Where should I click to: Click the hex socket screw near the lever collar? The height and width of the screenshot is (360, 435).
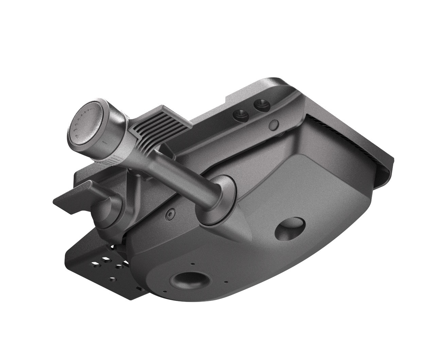pyautogui.click(x=170, y=215)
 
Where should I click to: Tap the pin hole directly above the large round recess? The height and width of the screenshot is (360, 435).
pyautogui.click(x=193, y=263)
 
